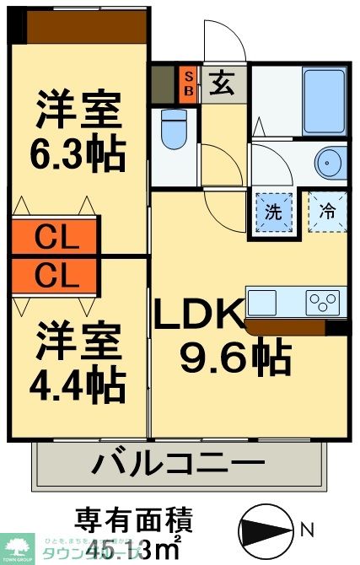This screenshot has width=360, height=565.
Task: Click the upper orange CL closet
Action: tap(56, 239)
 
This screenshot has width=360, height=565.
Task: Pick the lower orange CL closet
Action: tap(56, 274)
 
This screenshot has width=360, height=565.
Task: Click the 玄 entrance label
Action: tap(223, 83)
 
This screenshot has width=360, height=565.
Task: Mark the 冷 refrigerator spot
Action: tap(327, 211)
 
